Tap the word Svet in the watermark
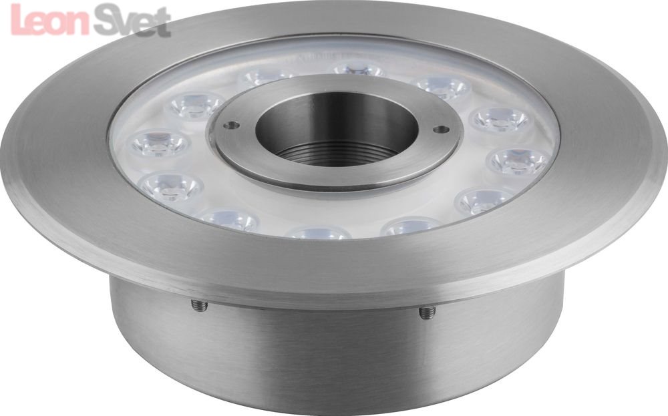(132, 21)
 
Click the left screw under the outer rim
(199, 305)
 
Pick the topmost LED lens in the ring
(358, 69)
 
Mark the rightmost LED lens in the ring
(519, 162)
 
